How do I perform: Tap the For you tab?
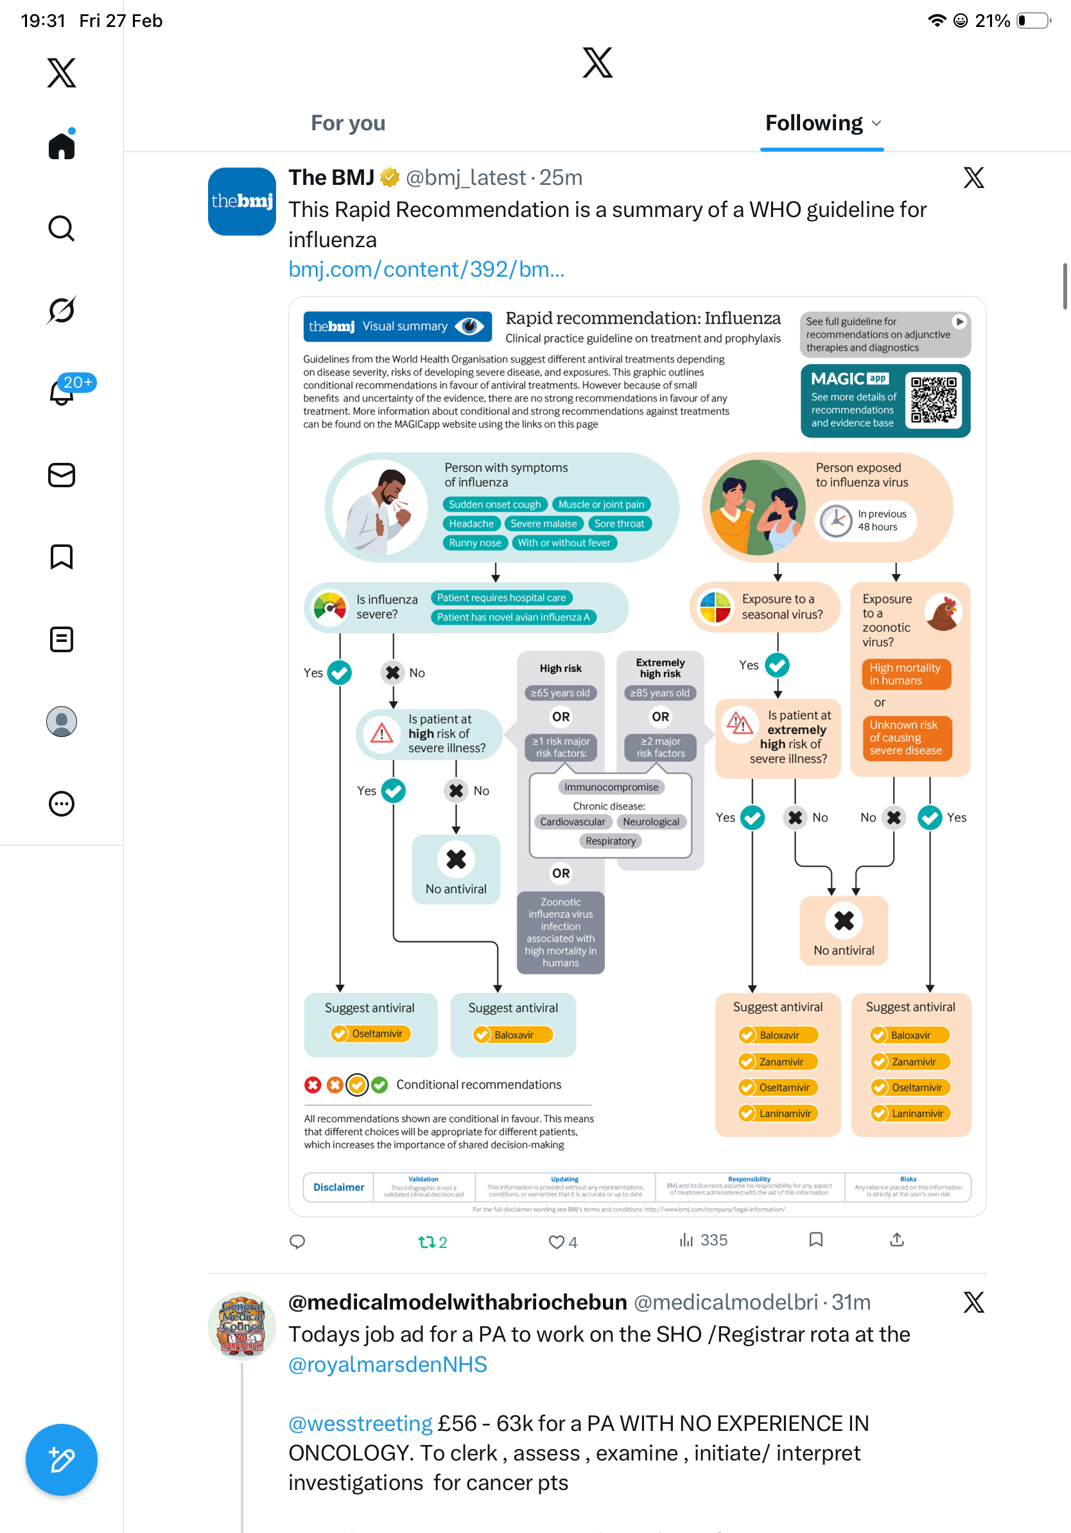coord(348,123)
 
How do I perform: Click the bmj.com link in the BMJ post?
coord(426,270)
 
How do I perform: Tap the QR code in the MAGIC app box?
coord(934,400)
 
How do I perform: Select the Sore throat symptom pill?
coord(619,523)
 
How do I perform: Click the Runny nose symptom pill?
coord(475,543)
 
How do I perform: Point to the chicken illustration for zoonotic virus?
coord(943,612)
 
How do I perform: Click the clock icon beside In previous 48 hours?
coord(835,520)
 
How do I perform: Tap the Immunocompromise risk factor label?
coord(611,787)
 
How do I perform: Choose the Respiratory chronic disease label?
coord(610,841)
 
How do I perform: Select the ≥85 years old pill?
coord(659,693)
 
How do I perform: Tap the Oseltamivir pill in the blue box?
coord(370,1034)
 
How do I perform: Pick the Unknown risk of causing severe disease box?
coord(906,738)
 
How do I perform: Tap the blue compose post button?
coord(62,1460)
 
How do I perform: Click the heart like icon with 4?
coord(556,1242)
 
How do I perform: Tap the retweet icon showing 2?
coord(426,1242)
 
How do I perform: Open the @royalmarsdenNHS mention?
coord(387,1365)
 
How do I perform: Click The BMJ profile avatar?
coord(241,202)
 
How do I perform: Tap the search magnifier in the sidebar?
coord(62,229)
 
